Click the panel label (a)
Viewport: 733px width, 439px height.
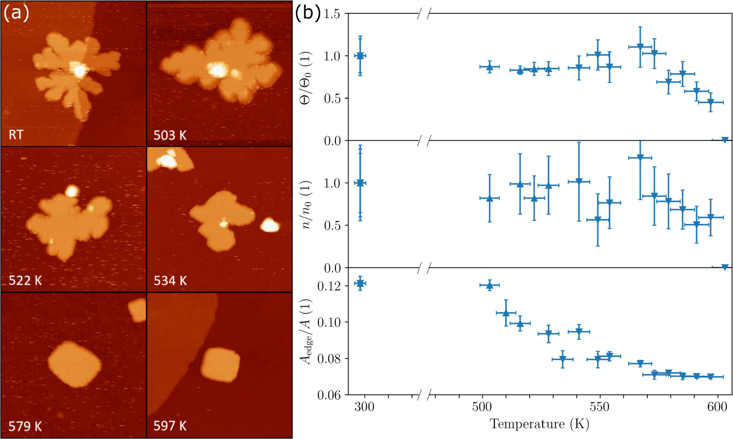coord(16,14)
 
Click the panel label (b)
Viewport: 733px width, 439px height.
coord(307,14)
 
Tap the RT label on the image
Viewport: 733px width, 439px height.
coord(16,134)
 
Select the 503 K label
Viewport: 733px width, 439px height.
coord(170,135)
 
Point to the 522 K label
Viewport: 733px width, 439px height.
coord(25,280)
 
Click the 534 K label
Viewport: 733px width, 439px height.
coord(170,280)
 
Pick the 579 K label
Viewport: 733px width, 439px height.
coord(25,426)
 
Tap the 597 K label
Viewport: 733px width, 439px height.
coord(170,426)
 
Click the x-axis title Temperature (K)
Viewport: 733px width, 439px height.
coord(539,424)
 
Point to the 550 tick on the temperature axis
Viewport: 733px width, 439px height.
coord(599,407)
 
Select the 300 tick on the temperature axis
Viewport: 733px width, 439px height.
coord(364,407)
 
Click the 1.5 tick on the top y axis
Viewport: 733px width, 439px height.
coord(331,14)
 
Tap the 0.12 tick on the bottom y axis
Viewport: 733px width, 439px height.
coord(328,286)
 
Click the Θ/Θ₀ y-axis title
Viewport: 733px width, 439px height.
coord(307,78)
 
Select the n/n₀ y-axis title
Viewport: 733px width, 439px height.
coord(307,205)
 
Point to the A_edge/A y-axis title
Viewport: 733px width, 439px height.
coord(307,332)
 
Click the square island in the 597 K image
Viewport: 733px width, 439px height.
coord(220,365)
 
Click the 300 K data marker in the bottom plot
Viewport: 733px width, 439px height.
coord(360,284)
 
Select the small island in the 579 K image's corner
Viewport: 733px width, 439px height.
coord(138,310)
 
